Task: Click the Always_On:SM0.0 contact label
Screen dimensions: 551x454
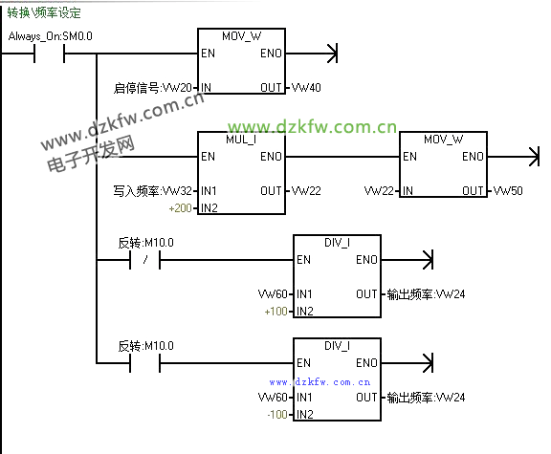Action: [51, 36]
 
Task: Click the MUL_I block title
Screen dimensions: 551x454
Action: [241, 140]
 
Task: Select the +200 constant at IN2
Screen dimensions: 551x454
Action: [180, 208]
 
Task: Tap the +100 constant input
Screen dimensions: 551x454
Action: [276, 312]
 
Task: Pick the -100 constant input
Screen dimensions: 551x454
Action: [277, 415]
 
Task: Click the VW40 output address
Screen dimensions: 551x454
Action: [306, 87]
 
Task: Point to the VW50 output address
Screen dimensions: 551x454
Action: [508, 190]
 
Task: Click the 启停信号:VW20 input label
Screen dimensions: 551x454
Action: [153, 88]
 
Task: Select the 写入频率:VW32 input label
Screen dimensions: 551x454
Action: [153, 191]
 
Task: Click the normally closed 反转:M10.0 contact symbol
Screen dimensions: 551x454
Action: [145, 260]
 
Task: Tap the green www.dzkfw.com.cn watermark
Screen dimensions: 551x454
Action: [313, 127]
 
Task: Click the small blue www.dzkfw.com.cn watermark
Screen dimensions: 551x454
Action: [320, 382]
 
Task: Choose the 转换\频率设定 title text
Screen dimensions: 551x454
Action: [44, 13]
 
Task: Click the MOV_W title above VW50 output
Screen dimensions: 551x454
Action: [444, 140]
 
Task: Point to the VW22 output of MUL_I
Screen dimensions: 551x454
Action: [306, 190]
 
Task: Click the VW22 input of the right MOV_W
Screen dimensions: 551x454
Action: [379, 190]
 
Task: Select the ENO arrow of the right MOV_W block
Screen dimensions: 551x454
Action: [513, 157]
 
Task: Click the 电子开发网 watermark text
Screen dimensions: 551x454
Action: [91, 154]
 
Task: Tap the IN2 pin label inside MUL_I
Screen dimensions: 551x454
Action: [209, 207]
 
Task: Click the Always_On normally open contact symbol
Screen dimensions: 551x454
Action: [49, 54]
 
